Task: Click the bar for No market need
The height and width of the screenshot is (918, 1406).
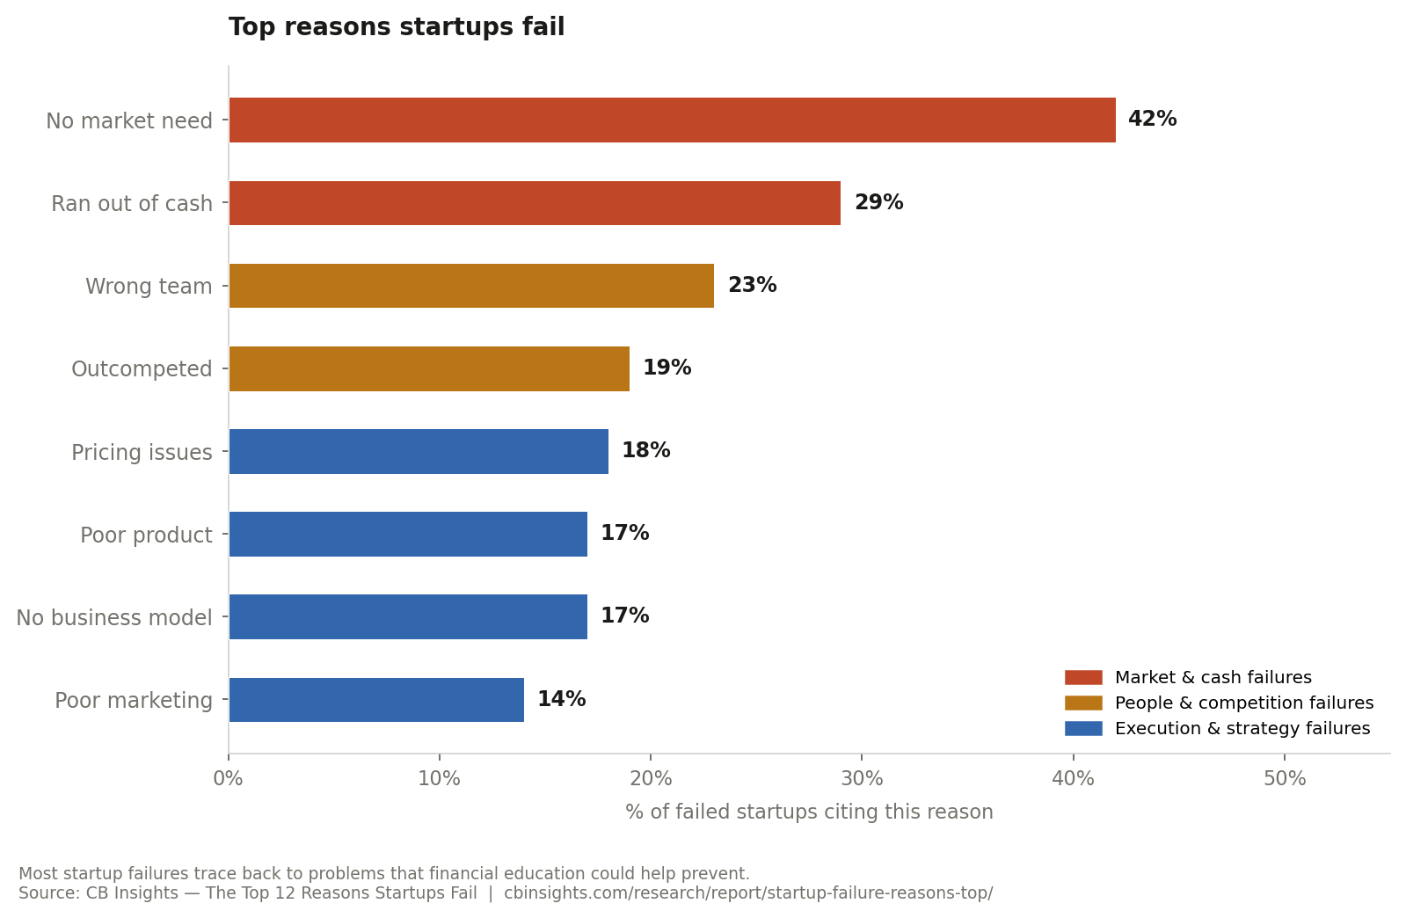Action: (672, 120)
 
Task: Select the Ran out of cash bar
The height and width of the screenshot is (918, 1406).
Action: (535, 203)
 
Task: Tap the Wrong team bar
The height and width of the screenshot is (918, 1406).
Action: (471, 286)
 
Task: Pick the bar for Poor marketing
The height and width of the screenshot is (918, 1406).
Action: (376, 700)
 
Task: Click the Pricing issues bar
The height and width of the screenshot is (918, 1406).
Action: (419, 451)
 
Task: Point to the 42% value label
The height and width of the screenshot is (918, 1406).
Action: (1152, 120)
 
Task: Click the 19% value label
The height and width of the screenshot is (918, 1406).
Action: (667, 368)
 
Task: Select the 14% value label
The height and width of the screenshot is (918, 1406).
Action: (561, 700)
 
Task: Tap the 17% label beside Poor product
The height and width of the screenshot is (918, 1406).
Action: (624, 534)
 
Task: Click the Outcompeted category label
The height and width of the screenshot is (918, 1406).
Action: (142, 369)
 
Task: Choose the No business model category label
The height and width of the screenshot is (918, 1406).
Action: (114, 618)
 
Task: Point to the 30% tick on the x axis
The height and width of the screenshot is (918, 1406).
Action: (862, 779)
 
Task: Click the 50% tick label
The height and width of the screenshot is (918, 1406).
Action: (1284, 779)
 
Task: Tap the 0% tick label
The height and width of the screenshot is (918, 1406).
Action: (229, 779)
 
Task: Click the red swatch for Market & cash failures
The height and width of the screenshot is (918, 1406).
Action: (1082, 678)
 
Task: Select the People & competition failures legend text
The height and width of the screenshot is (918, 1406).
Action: (1243, 703)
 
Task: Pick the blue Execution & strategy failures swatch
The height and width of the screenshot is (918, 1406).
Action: (1082, 729)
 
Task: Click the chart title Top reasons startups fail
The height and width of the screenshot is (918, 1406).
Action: (397, 27)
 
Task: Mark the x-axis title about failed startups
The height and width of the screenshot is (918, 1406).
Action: (809, 812)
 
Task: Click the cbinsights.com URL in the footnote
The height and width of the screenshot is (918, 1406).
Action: (747, 893)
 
